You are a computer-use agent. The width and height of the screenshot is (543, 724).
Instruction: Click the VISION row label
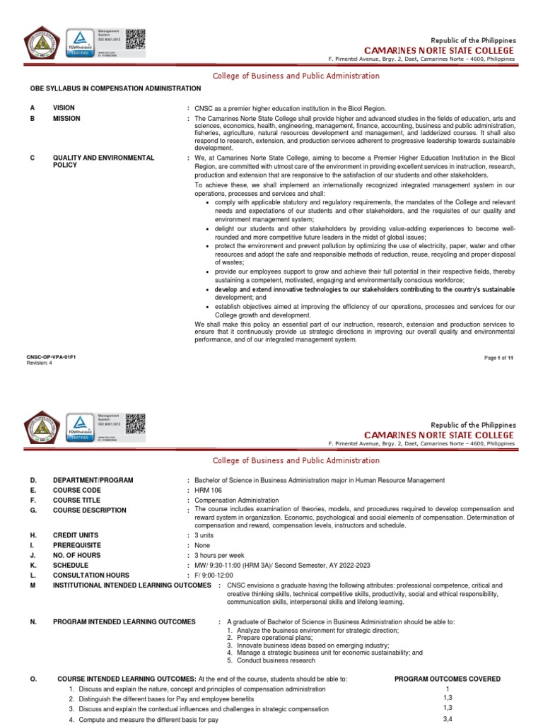[x=64, y=107]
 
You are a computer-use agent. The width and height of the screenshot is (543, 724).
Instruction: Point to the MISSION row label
[x=66, y=119]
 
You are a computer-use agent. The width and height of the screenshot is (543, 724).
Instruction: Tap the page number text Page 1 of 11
[x=498, y=358]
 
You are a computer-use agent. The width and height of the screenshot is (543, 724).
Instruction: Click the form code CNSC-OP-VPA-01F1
[x=50, y=358]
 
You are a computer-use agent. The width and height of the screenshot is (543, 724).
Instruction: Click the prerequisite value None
[x=203, y=545]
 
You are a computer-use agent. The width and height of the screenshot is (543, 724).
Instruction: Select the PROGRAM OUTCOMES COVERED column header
[x=447, y=679]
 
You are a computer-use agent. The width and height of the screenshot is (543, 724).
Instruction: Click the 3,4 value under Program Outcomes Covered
[x=447, y=718]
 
